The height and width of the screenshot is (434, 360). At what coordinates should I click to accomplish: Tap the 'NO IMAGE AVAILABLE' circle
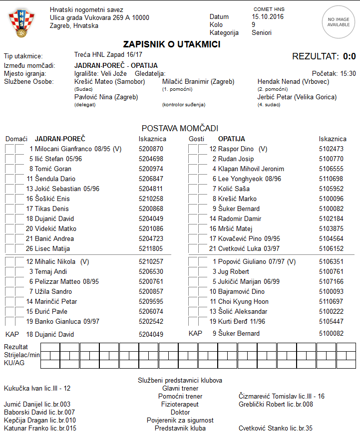click(x=338, y=21)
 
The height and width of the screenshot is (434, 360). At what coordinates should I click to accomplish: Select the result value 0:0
click(x=350, y=56)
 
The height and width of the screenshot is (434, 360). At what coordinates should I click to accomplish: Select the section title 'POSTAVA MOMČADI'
click(x=180, y=128)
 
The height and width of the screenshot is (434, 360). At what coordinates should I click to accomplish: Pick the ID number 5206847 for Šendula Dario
click(x=151, y=179)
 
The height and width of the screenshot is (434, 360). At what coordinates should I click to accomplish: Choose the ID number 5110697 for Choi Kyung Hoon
click(x=331, y=301)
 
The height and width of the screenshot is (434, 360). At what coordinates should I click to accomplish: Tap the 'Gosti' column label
click(x=196, y=139)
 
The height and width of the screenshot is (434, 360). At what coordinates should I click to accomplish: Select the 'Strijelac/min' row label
click(x=21, y=355)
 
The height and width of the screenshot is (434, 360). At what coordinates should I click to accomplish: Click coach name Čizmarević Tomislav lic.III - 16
click(x=282, y=396)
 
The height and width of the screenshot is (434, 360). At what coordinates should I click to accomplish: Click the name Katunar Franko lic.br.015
click(x=40, y=428)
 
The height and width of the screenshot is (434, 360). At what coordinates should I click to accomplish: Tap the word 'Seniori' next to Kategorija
click(x=262, y=32)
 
